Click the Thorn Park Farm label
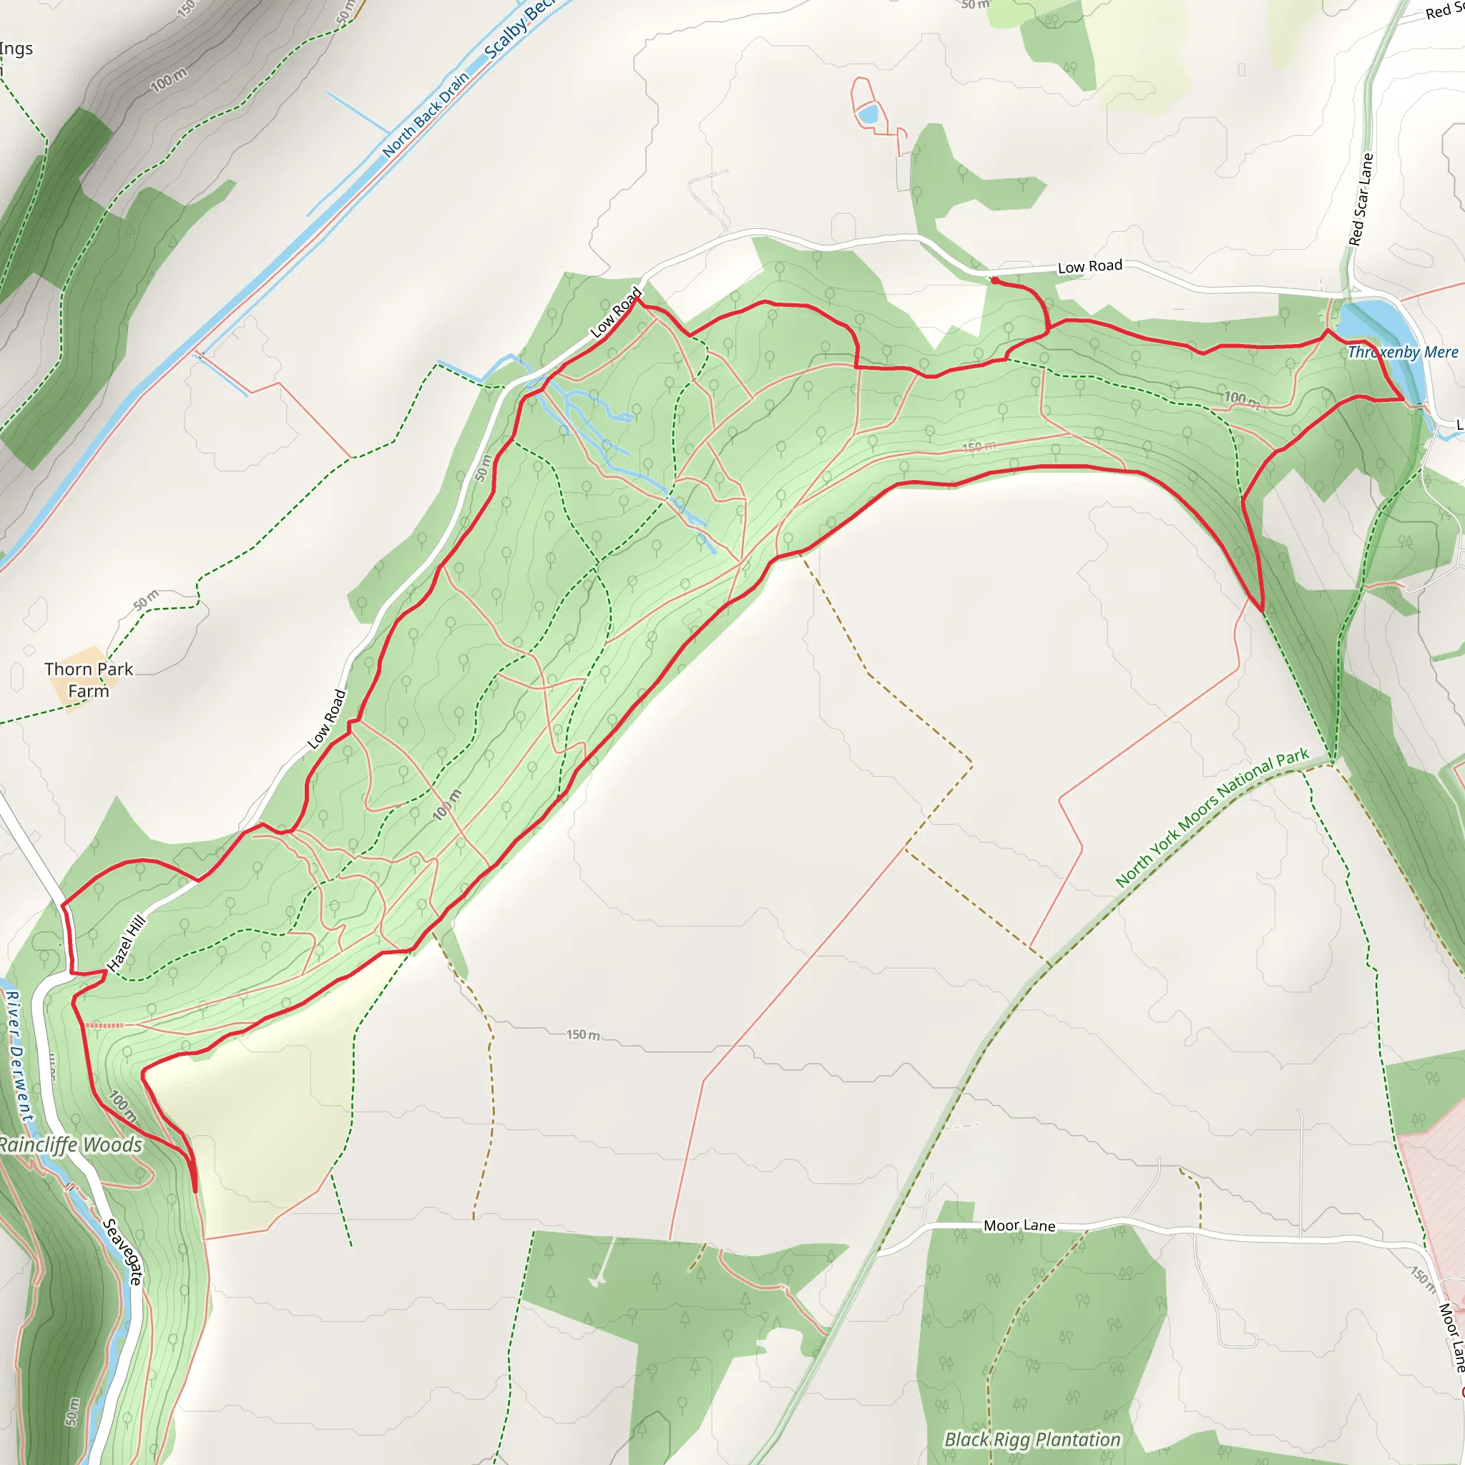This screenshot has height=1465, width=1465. (x=89, y=680)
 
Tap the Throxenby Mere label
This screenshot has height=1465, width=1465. (x=1402, y=352)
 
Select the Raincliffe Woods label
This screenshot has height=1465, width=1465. (x=70, y=1145)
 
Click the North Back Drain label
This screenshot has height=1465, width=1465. (x=426, y=114)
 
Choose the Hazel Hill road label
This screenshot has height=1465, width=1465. (x=127, y=944)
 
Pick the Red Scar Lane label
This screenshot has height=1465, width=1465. (x=1361, y=200)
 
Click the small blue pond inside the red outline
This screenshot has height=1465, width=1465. (x=867, y=115)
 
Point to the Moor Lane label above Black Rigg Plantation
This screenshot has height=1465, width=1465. (x=1019, y=1225)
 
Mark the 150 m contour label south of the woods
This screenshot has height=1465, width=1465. (x=583, y=1034)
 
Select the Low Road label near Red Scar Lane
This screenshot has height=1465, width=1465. (x=1089, y=266)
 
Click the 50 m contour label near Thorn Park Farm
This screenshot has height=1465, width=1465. (x=147, y=599)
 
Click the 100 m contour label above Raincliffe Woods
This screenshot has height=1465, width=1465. (x=122, y=1107)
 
